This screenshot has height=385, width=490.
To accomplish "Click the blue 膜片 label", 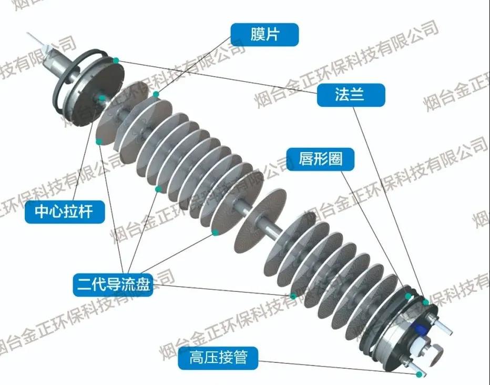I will click(x=264, y=35).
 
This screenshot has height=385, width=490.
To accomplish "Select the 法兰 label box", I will click(x=351, y=95).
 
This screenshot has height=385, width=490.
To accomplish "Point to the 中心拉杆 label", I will click(x=65, y=212).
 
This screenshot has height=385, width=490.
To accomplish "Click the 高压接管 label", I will click(x=218, y=358).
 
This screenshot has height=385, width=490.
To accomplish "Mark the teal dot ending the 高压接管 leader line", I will click(x=419, y=374).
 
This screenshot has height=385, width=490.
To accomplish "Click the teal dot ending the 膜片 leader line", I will click(x=156, y=94).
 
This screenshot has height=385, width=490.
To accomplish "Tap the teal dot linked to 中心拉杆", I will click(x=101, y=98).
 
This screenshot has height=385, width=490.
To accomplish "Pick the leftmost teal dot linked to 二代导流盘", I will click(x=98, y=141).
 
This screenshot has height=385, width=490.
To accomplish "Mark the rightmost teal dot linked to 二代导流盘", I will click(x=293, y=296).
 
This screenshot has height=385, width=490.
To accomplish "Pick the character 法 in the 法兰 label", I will click(x=343, y=95).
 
